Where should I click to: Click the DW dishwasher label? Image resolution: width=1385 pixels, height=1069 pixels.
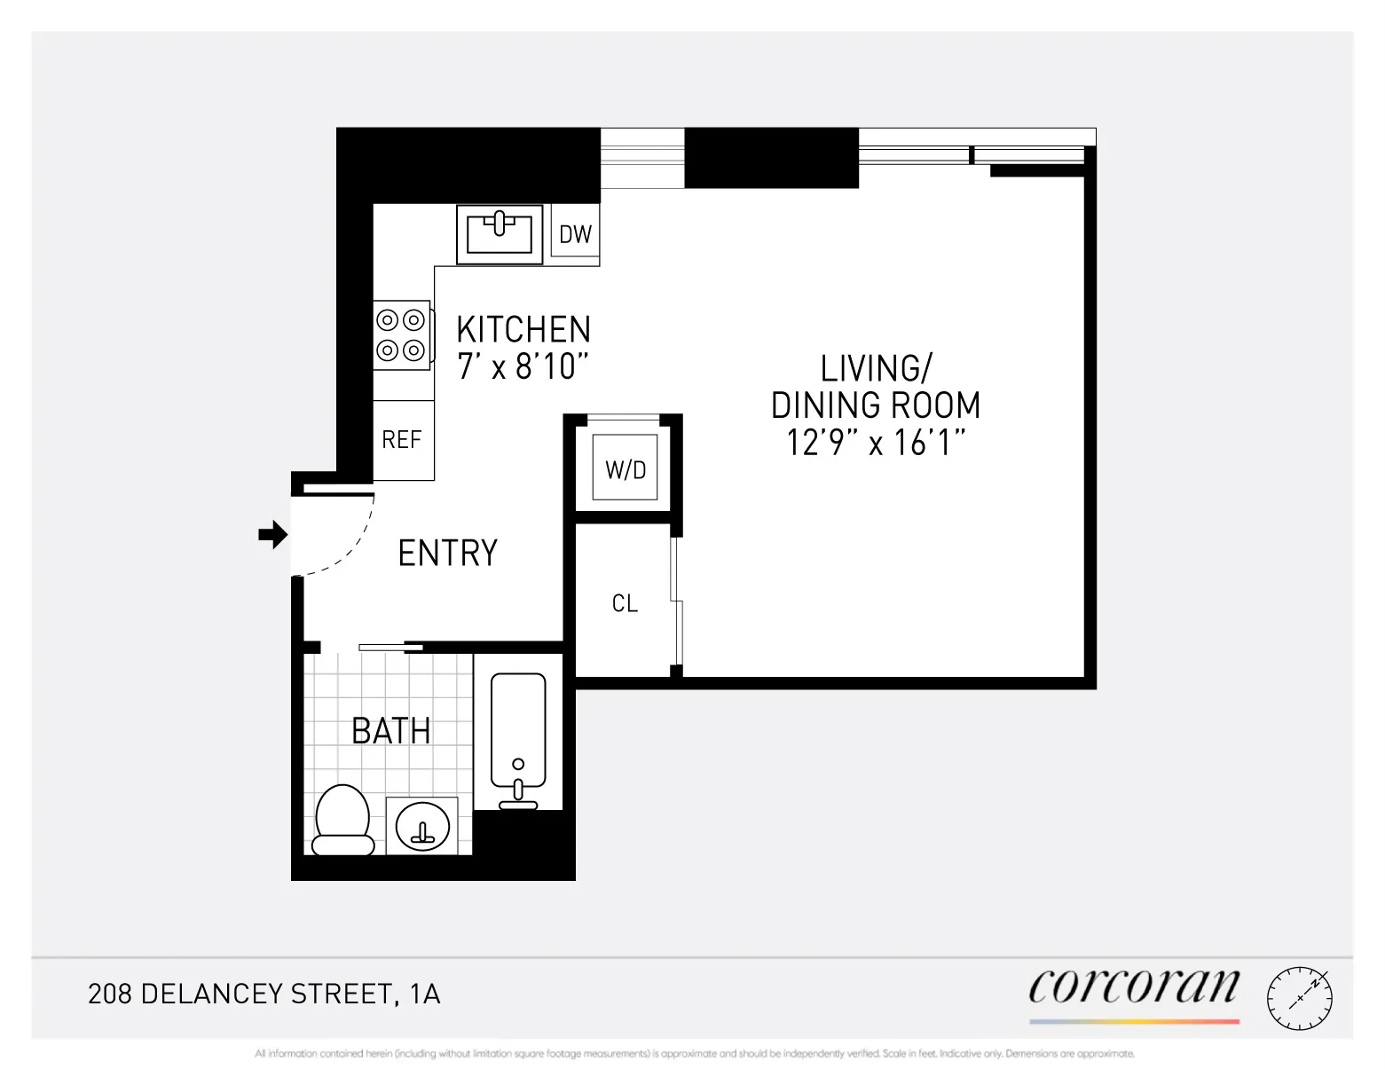pos(575,234)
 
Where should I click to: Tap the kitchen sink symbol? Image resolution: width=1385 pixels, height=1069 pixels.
pos(500,232)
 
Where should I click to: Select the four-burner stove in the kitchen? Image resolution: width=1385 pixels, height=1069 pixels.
pos(401,334)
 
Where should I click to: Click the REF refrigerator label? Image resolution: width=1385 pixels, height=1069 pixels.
pos(402,440)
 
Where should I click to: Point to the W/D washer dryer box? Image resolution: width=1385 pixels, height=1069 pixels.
pos(626,468)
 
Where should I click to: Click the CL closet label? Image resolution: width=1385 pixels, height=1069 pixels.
pos(625,603)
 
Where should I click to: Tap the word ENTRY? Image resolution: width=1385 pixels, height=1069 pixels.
pos(448,554)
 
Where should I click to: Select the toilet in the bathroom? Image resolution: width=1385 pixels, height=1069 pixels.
pos(342,819)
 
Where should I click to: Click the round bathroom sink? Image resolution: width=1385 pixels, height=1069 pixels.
pos(422,827)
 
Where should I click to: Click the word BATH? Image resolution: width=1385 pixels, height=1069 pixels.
pos(391,732)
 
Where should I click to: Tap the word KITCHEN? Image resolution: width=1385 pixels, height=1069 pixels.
pos(523,330)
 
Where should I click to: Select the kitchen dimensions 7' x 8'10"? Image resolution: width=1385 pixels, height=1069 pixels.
pos(523,366)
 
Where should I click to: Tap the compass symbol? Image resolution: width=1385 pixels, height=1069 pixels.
pos(1299,998)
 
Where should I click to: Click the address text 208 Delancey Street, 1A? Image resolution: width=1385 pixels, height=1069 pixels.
pos(264,994)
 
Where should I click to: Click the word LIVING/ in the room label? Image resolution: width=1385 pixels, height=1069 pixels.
pos(876,368)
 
